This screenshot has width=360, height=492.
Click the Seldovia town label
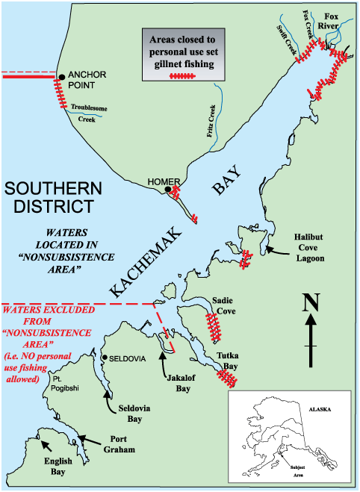(124, 358)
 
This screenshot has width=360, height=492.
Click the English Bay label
(56, 466)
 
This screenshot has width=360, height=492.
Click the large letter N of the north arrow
(312, 303)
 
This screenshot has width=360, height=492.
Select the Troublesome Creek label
(88, 113)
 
